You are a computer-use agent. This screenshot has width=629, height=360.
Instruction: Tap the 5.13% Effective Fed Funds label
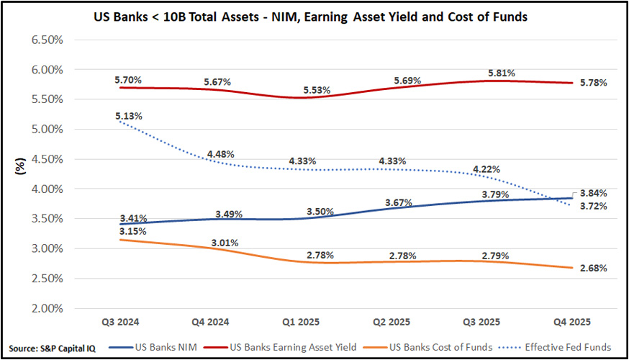click(x=128, y=116)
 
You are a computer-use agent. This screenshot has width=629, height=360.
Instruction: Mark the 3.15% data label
click(x=128, y=231)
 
